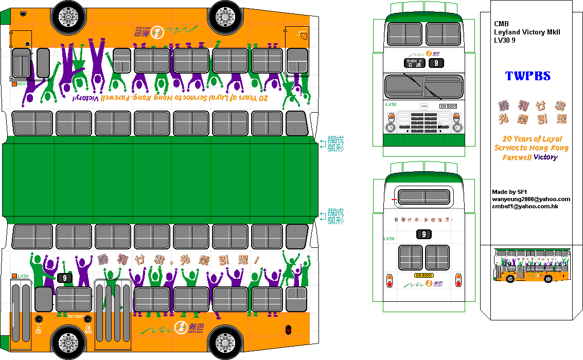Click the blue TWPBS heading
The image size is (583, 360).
[x=527, y=76]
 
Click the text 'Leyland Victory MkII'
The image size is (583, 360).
[x=527, y=32]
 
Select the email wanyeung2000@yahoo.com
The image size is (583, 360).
[x=531, y=199]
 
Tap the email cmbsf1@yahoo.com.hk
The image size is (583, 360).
[x=525, y=206]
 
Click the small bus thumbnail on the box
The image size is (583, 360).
[x=532, y=266]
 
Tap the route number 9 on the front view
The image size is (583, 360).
[x=436, y=63]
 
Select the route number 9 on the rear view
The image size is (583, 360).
[x=423, y=235]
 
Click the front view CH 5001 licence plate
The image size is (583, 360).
[x=448, y=106]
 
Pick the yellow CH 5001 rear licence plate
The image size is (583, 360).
[x=423, y=276]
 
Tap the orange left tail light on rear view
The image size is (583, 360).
[x=389, y=280]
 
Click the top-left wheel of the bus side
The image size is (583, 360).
[x=69, y=15]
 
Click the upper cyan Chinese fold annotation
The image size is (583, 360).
[x=335, y=143]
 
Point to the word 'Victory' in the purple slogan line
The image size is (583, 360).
[x=545, y=157]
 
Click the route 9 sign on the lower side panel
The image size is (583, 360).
[x=64, y=278]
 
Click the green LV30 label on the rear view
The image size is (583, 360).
[x=389, y=239]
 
